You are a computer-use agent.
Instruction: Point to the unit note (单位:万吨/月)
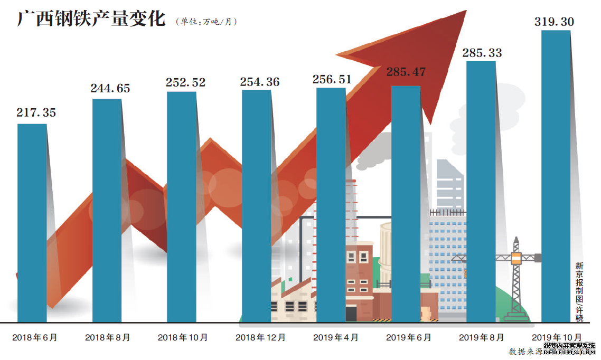(x=206, y=22)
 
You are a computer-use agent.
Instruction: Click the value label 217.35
(x=36, y=112)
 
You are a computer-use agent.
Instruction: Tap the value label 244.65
(x=110, y=88)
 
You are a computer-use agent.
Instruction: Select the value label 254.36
(x=260, y=82)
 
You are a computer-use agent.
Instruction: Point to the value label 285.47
(x=406, y=72)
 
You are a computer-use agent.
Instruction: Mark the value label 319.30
(x=554, y=22)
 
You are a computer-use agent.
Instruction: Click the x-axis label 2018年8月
(x=107, y=337)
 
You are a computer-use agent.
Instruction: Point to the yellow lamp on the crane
(x=517, y=258)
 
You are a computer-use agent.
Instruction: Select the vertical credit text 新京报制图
(x=579, y=283)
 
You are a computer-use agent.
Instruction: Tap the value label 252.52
(x=185, y=82)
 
